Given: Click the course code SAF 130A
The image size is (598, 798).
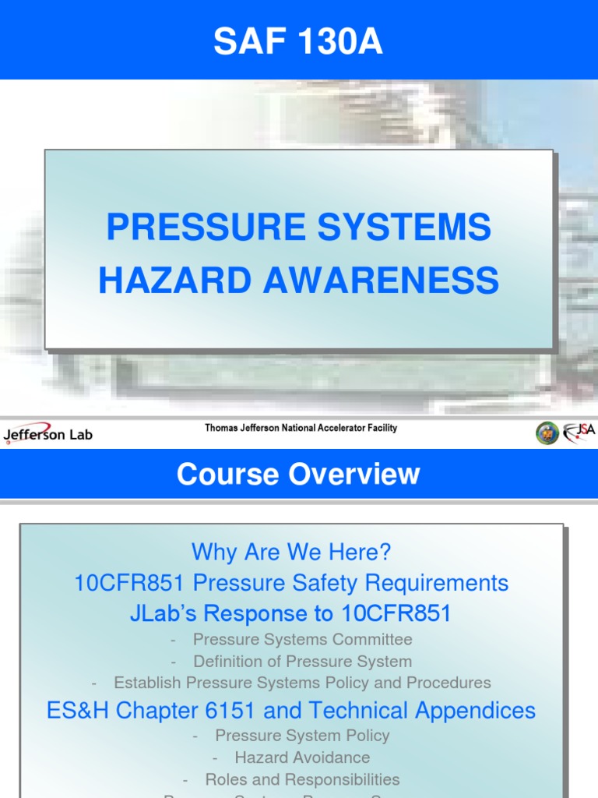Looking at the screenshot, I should pos(298,42).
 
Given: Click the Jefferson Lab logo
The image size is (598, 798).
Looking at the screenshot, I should pos(48,434).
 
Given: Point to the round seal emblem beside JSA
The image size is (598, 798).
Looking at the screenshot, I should pos(547,433).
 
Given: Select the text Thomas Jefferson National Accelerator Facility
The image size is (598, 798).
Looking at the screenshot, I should pos(301,428).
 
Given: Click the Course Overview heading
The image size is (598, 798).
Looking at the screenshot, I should pos(298,475).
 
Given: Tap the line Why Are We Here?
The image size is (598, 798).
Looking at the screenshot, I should pos(291,553).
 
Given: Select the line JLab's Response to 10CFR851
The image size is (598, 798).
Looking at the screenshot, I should pos(290,613).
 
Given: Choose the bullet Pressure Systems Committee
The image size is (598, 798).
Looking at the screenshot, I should pos(302,640).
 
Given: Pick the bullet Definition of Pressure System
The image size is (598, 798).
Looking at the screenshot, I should pos(302,662).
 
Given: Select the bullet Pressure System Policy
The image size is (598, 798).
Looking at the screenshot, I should pos(302,736).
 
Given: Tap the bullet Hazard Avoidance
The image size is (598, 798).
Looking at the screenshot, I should pos(302,757).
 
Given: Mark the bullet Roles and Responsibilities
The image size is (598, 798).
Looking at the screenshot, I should pos(302,779).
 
